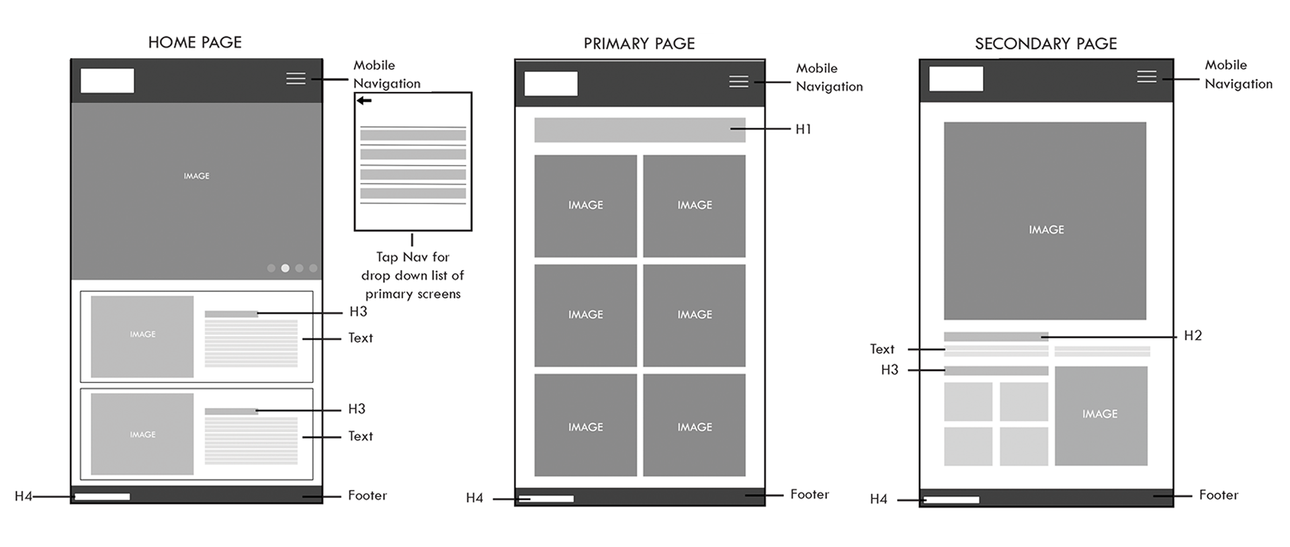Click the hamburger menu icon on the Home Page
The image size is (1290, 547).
tap(296, 79)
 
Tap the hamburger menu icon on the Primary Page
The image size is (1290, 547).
tap(738, 81)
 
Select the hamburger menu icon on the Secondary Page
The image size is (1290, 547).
tap(1146, 77)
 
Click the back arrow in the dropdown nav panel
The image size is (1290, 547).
tap(364, 101)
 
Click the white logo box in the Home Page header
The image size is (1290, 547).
tap(107, 81)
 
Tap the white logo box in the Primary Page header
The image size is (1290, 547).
tap(551, 84)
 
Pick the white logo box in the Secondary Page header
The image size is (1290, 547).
tap(955, 79)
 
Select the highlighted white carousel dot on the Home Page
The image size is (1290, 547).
tap(286, 268)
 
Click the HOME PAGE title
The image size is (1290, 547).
tap(195, 42)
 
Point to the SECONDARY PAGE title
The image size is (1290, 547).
tap(1045, 44)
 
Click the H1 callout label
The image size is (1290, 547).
tap(804, 129)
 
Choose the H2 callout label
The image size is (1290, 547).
tap(1193, 336)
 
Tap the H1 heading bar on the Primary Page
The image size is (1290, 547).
tap(639, 130)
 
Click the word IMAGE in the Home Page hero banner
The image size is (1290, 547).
tap(196, 176)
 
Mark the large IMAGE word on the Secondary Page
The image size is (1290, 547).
tap(1046, 230)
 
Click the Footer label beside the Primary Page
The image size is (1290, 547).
tap(810, 495)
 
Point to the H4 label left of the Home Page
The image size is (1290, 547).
tap(24, 497)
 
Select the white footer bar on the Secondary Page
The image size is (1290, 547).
tap(952, 500)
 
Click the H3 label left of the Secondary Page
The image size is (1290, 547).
tap(890, 370)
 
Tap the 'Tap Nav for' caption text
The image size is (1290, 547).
tap(413, 257)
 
